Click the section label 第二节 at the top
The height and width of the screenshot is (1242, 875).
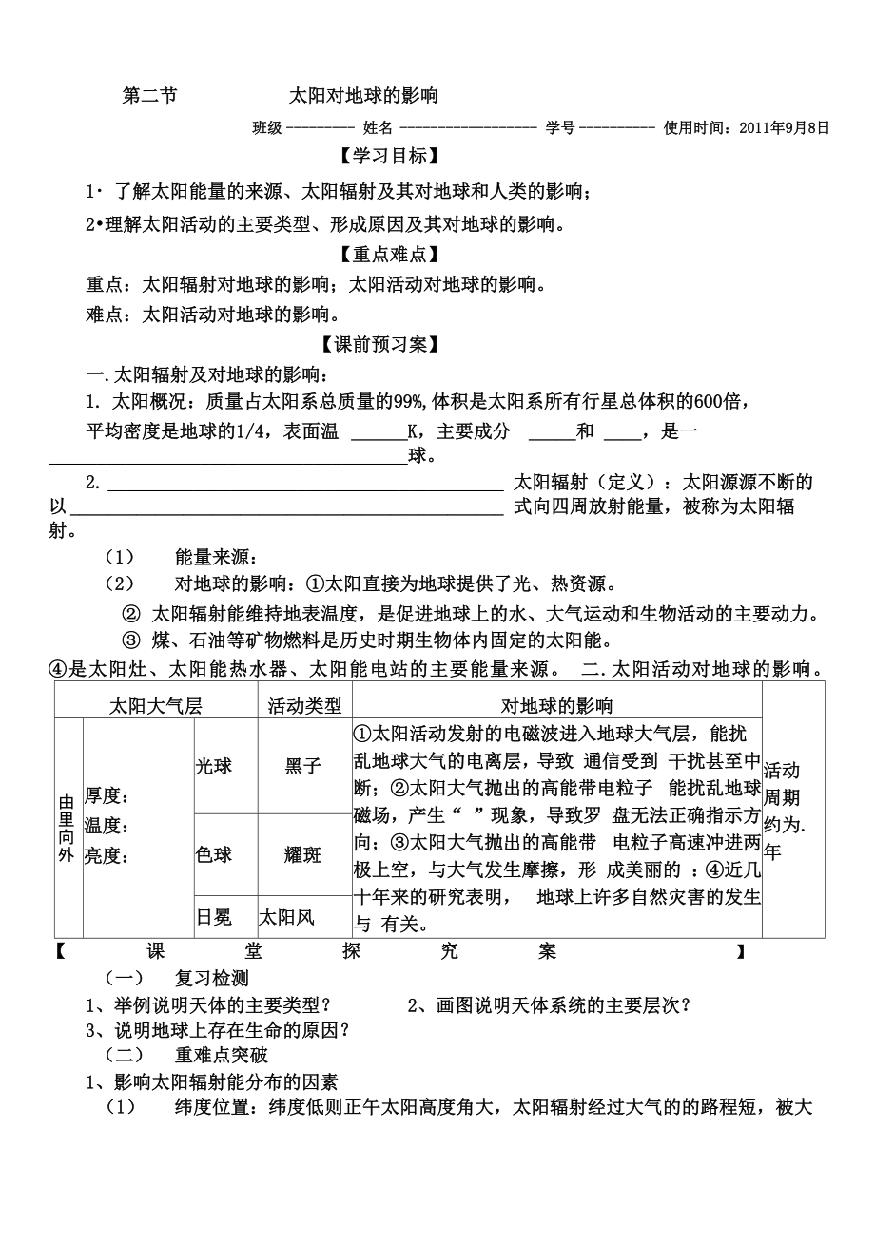150,96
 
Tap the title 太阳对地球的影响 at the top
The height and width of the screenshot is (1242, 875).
364,96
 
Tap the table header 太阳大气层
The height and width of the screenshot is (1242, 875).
156,705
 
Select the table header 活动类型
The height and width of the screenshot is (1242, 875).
304,705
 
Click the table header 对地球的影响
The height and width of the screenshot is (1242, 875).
557,705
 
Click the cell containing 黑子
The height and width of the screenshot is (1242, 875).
303,766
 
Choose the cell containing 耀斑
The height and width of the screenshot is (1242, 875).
303,854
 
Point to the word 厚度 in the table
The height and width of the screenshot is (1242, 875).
107,795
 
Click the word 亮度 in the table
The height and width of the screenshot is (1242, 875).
107,854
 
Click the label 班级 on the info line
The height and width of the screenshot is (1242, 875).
267,126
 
